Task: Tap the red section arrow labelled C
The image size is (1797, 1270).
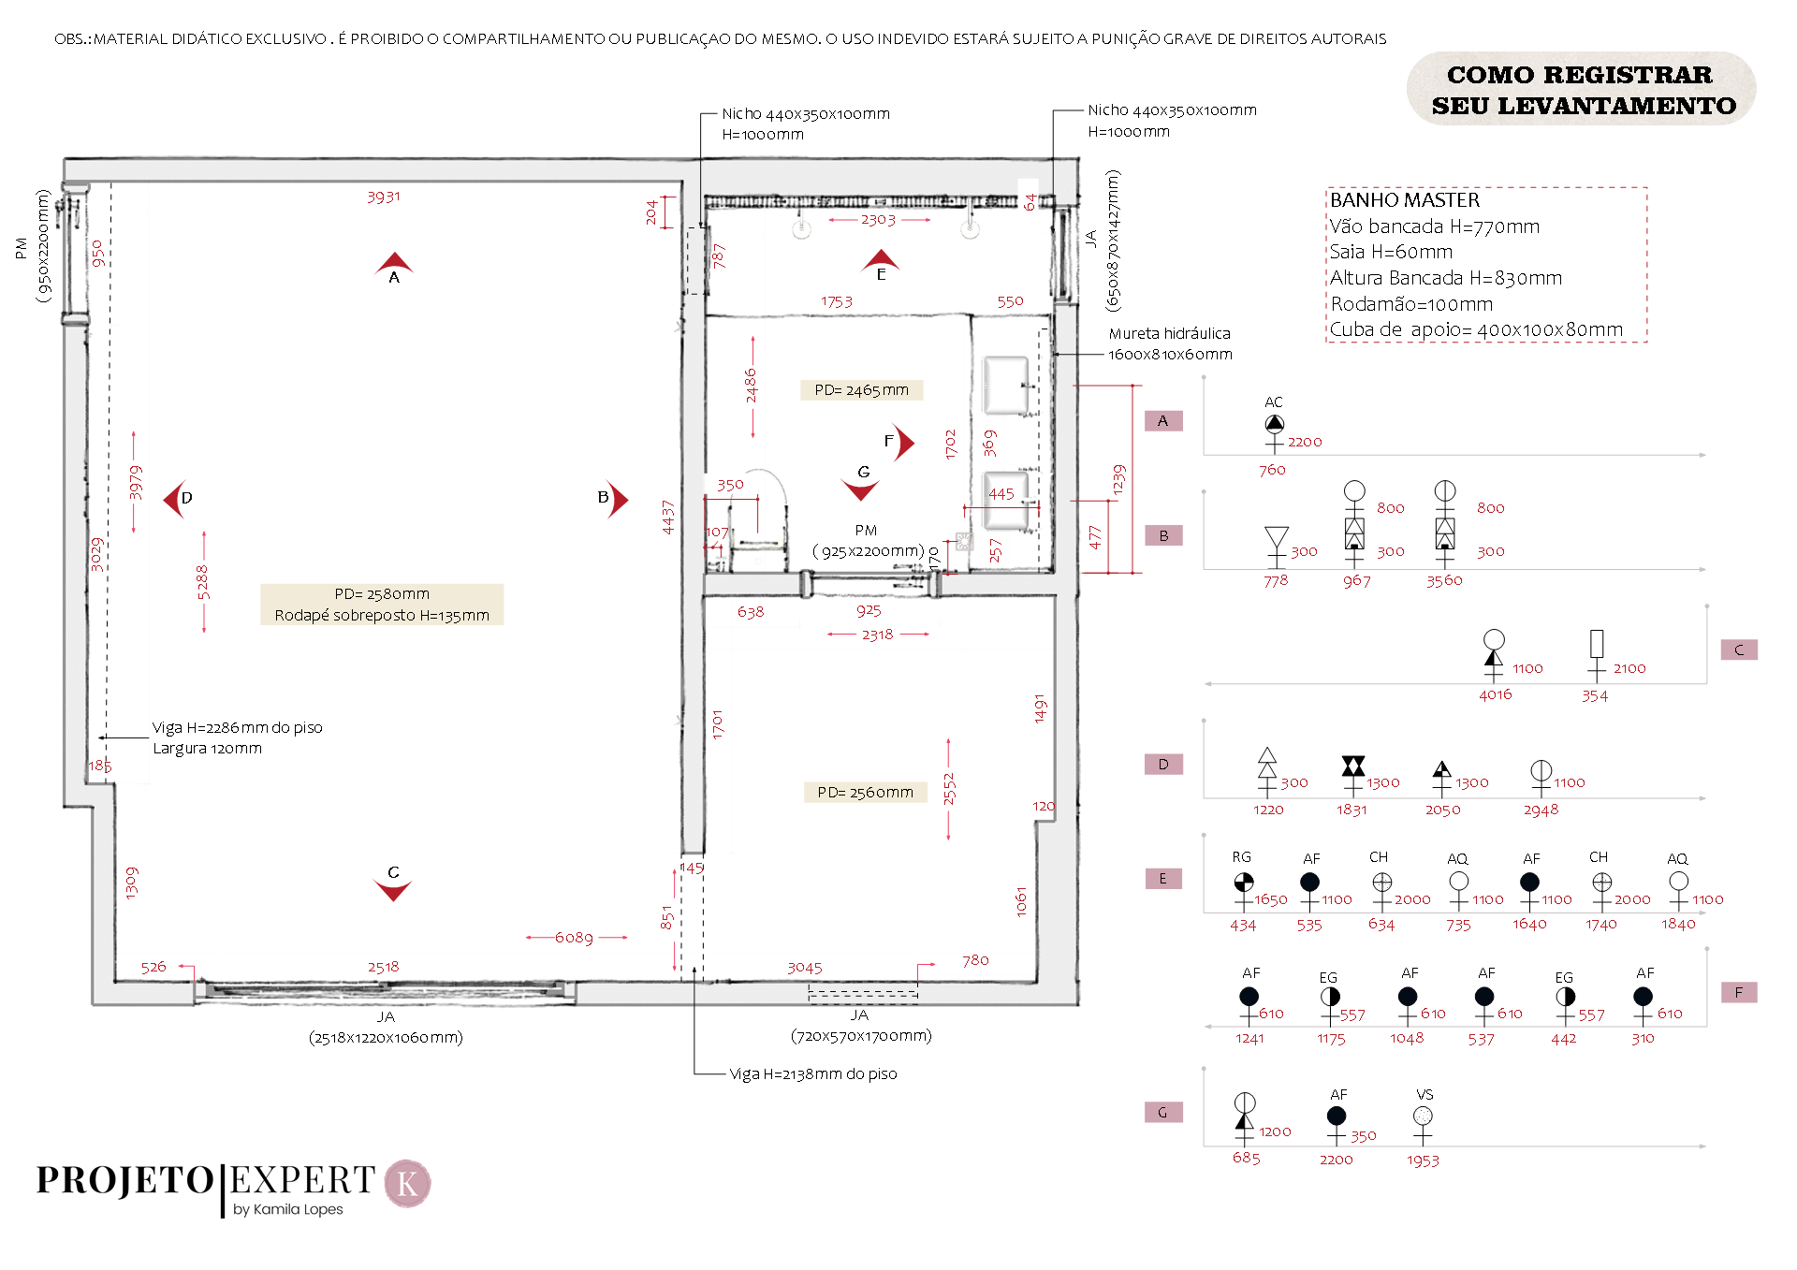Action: point(393,889)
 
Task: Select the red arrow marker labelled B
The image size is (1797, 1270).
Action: point(618,500)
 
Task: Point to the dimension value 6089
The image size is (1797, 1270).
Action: point(574,938)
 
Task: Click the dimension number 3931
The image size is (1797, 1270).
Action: point(384,197)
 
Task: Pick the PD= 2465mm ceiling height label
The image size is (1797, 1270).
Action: point(861,390)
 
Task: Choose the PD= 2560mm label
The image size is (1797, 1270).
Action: point(865,793)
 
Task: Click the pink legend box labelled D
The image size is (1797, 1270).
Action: point(1163,765)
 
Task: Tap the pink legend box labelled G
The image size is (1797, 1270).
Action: point(1163,1113)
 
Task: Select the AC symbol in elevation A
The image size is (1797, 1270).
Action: point(1274,424)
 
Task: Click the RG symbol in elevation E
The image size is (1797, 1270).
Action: point(1243,883)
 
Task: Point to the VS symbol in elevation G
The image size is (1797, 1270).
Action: point(1423,1117)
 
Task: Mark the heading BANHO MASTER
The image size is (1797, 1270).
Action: point(1405,200)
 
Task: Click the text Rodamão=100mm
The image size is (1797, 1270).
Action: point(1411,304)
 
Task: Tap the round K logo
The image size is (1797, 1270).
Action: point(408,1184)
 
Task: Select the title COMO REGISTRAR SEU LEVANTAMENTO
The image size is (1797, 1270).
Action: point(1582,90)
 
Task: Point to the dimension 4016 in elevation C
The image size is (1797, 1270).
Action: point(1495,694)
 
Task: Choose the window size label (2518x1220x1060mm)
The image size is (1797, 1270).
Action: point(386,1038)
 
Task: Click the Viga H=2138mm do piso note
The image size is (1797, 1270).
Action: point(812,1074)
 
